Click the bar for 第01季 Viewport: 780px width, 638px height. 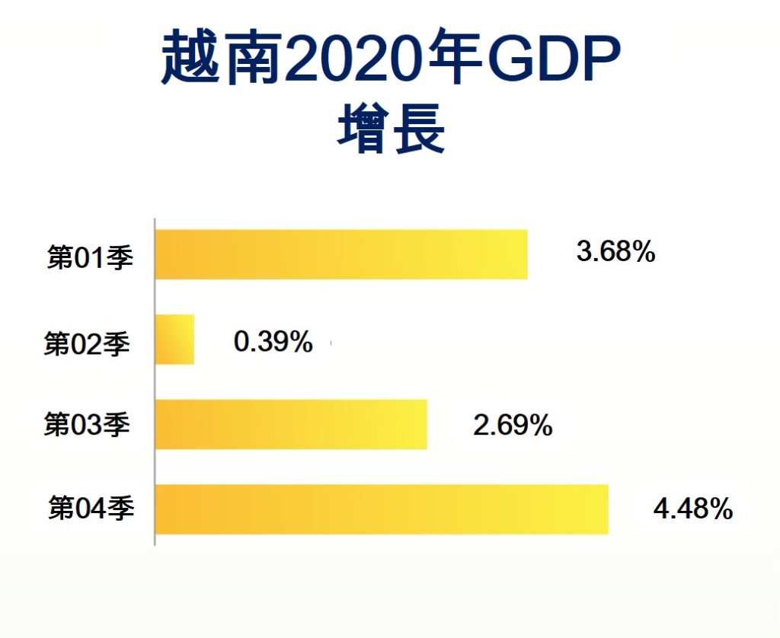[341, 254]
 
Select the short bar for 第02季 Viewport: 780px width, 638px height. [174, 340]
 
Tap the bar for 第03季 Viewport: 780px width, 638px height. [291, 424]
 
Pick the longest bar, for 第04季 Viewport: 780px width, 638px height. [382, 509]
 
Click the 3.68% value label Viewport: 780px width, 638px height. [616, 252]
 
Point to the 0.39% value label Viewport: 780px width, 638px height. [273, 343]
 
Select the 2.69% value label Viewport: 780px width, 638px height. [513, 426]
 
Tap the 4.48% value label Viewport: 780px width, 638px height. [693, 508]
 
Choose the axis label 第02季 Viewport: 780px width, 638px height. [87, 343]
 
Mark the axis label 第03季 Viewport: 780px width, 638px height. [87, 425]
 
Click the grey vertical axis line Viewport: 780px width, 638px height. [155, 381]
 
